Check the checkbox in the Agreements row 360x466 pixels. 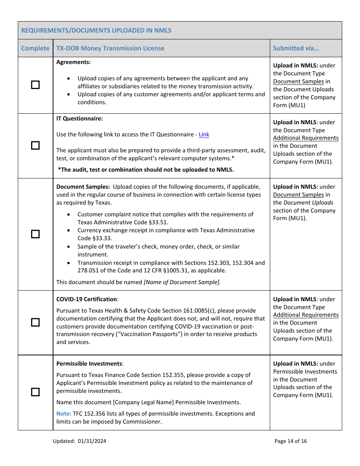pyautogui.click(x=35, y=85)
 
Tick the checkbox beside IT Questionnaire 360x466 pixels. pyautogui.click(x=35, y=145)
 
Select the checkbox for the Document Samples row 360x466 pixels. pyautogui.click(x=35, y=234)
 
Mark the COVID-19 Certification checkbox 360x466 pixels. pyautogui.click(x=35, y=322)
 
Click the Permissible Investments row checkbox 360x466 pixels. pyautogui.click(x=35, y=392)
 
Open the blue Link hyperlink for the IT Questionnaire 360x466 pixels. pyautogui.click(x=204, y=134)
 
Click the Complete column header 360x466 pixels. pyautogui.click(x=35, y=48)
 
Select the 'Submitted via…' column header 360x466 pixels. pyautogui.click(x=296, y=48)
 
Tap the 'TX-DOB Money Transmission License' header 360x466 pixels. pyautogui.click(x=110, y=48)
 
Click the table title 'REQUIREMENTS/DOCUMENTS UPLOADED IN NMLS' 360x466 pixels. pyautogui.click(x=96, y=30)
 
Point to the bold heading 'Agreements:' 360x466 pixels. pyautogui.click(x=74, y=62)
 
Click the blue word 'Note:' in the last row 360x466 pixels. pyautogui.click(x=64, y=414)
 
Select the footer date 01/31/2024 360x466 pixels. pyautogui.click(x=92, y=441)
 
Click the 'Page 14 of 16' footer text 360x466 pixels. pyautogui.click(x=291, y=441)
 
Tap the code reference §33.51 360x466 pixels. pyautogui.click(x=159, y=222)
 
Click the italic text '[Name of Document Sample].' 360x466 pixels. pyautogui.click(x=182, y=282)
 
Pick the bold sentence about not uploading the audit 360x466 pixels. pyautogui.click(x=146, y=170)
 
